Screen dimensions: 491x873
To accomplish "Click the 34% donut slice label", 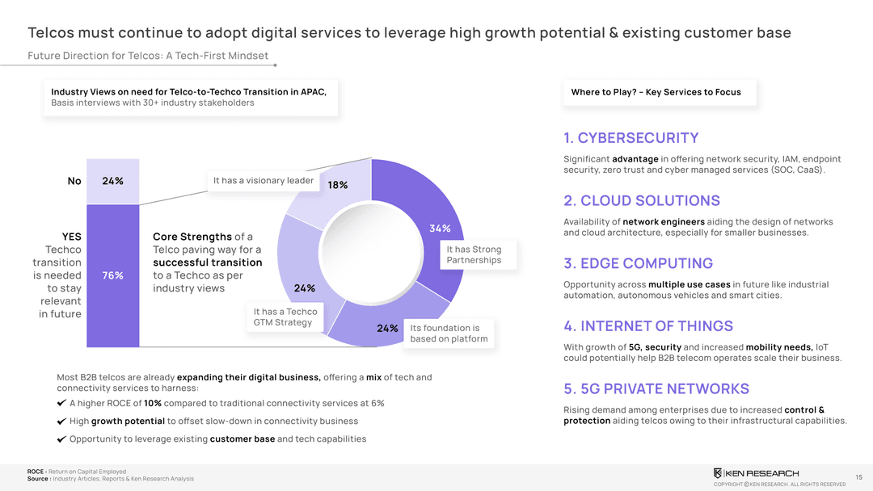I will tap(440, 229).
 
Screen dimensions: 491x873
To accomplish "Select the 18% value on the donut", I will tap(338, 185).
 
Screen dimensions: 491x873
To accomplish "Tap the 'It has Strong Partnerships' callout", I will tap(475, 254).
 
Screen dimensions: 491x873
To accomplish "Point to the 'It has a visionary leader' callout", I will tap(263, 180).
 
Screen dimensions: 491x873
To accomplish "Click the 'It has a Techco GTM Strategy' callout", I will tap(285, 317).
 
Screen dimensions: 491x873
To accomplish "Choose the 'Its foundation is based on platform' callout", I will tap(449, 333).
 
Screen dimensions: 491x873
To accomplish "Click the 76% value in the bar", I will tap(112, 275).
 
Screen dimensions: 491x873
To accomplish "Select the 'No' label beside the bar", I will tap(74, 181).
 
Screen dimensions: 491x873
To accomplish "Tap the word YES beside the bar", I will tap(72, 237).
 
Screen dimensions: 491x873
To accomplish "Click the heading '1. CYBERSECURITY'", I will tap(630, 138).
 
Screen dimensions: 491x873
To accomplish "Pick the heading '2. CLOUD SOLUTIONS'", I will tap(641, 200).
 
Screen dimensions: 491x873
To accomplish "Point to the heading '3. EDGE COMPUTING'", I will tap(638, 263).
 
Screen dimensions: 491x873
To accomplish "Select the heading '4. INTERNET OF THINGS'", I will tap(648, 326).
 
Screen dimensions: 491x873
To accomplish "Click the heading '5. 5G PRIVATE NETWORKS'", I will tap(656, 388).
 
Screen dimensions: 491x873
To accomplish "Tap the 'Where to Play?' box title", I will tap(656, 92).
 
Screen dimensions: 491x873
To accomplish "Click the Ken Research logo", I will tap(755, 472).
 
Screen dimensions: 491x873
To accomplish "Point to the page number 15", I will tap(858, 476).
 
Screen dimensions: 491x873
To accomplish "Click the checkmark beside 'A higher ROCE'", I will tap(61, 404).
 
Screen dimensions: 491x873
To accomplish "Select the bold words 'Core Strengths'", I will tap(192, 237).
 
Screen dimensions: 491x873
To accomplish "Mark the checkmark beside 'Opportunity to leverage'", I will tap(61, 439).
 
